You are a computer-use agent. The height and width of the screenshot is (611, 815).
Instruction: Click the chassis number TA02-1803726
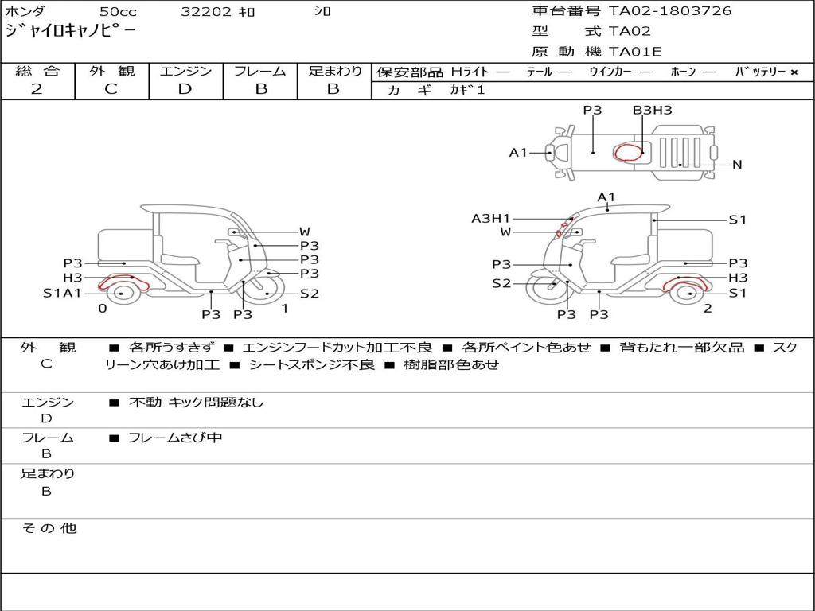point(670,11)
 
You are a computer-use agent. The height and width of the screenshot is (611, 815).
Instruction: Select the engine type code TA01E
point(635,52)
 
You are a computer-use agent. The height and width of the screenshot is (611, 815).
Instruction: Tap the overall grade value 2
point(37,89)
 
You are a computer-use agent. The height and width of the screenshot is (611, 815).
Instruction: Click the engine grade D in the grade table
point(185,89)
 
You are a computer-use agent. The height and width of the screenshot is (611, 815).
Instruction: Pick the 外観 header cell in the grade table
point(111,71)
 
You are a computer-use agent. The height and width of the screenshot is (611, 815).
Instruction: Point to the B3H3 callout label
point(653,110)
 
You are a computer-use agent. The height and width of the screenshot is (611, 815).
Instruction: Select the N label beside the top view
point(737,165)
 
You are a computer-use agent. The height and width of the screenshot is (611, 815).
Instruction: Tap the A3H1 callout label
point(490,219)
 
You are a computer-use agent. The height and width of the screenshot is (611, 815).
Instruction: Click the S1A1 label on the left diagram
point(62,294)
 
